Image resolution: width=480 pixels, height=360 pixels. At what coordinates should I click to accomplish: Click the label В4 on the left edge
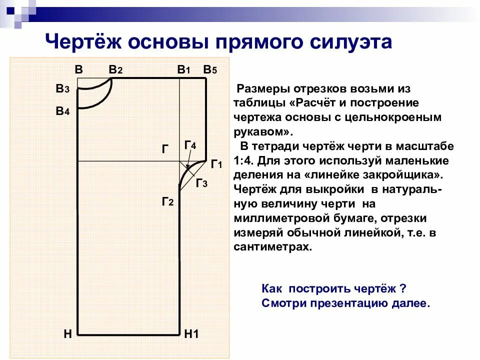pyautogui.click(x=62, y=111)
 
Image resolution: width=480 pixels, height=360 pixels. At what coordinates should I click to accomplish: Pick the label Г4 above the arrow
pyautogui.click(x=190, y=145)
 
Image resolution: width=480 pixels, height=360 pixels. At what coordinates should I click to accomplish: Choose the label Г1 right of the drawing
pyautogui.click(x=216, y=163)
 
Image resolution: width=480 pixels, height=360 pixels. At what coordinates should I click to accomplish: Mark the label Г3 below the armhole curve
pyautogui.click(x=201, y=183)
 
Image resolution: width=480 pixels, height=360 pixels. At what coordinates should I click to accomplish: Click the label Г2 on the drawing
pyautogui.click(x=167, y=201)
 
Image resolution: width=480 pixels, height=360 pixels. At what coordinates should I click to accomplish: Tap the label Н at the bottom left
pyautogui.click(x=68, y=334)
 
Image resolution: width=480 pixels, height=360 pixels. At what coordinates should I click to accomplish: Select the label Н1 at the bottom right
pyautogui.click(x=191, y=334)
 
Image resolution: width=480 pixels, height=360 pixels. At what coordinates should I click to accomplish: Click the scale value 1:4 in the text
pyautogui.click(x=243, y=161)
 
